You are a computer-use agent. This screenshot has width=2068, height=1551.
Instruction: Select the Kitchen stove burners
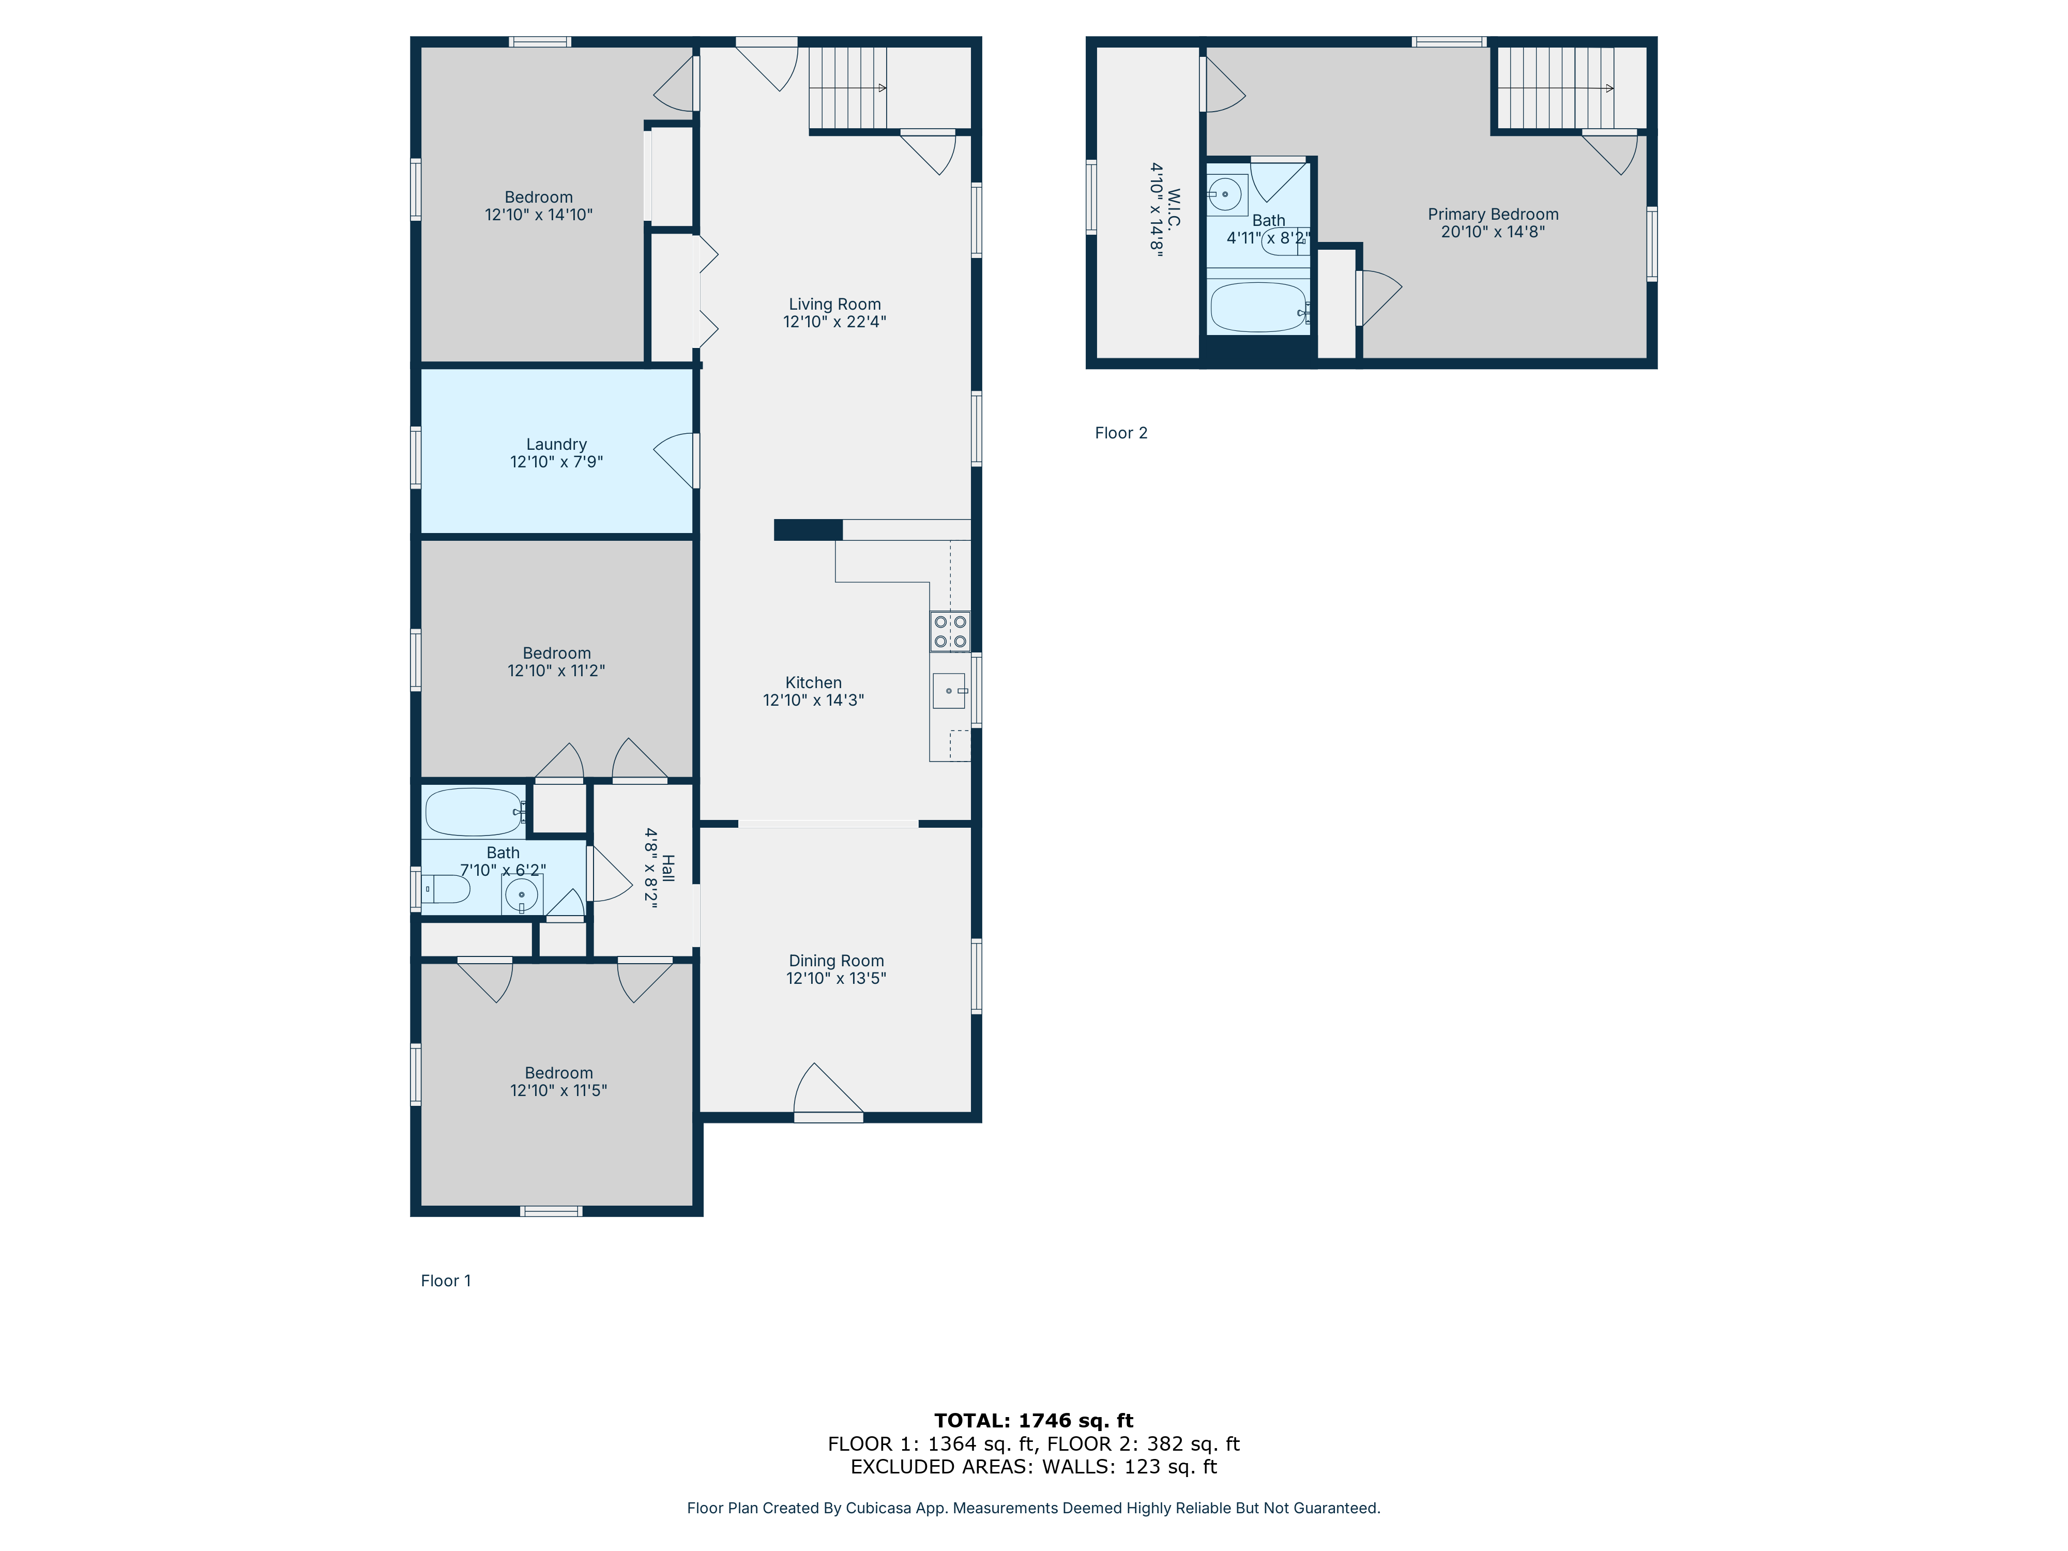[950, 631]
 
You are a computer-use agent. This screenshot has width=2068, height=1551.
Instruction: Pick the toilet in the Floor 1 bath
[446, 889]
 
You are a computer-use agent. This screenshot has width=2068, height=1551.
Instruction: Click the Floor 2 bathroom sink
[1226, 194]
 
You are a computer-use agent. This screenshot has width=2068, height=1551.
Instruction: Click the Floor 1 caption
[446, 1281]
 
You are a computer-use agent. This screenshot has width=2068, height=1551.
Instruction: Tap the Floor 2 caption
[1121, 433]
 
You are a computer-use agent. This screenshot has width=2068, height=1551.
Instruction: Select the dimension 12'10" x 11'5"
[558, 1090]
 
